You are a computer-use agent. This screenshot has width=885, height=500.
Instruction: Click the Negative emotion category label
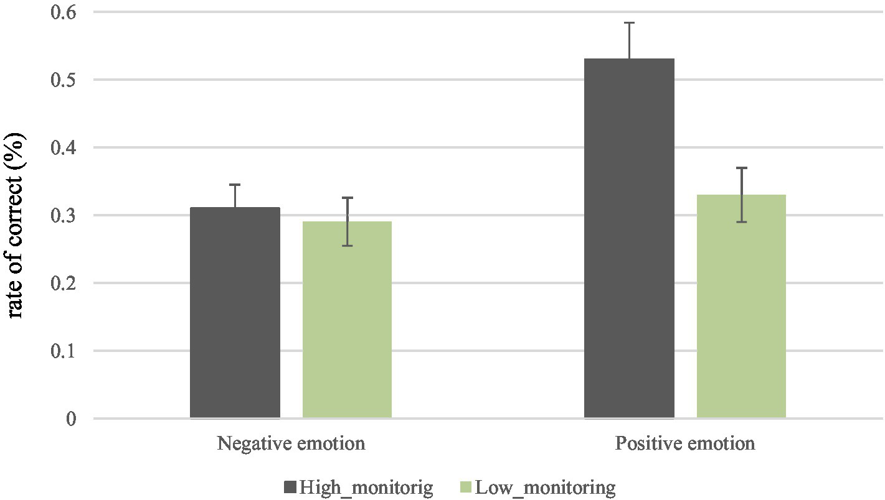click(291, 444)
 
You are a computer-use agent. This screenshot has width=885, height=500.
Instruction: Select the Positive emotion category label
click(685, 444)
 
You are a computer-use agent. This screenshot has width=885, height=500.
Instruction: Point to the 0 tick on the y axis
click(72, 419)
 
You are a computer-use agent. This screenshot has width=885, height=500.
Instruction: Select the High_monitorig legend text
click(366, 486)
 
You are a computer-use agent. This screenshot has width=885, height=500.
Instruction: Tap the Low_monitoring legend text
click(546, 486)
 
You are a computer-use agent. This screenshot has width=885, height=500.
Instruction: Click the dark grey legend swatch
click(290, 486)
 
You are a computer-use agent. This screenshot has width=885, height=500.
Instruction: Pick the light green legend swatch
click(466, 486)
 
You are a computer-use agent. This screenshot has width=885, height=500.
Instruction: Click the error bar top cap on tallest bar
click(629, 23)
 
